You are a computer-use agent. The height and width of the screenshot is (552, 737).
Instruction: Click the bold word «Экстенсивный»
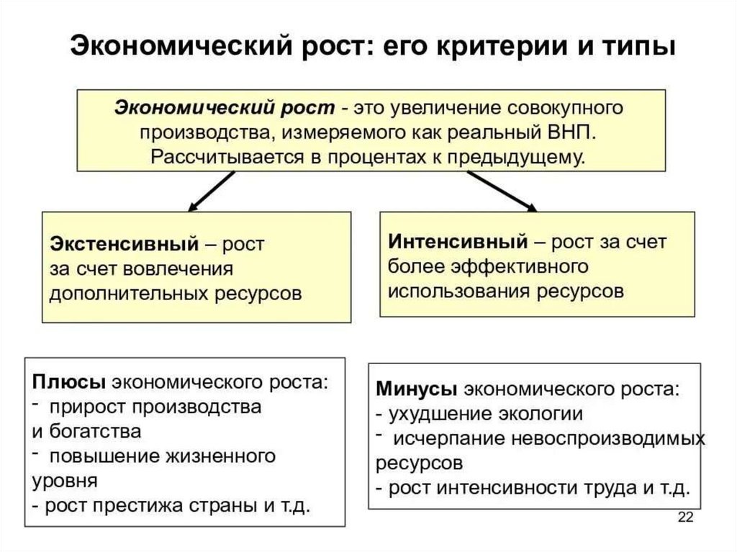[x=125, y=244]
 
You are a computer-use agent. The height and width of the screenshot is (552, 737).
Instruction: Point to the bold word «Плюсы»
[x=69, y=381]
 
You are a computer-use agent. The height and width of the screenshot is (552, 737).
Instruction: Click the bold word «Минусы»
[x=417, y=389]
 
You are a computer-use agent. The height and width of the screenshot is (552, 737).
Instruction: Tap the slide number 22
[x=686, y=517]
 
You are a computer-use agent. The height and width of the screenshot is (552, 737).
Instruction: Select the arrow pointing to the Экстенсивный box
[x=211, y=191]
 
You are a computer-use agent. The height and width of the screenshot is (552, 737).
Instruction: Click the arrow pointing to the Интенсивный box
[x=502, y=191]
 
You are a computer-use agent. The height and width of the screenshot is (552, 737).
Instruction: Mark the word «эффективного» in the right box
[x=520, y=266]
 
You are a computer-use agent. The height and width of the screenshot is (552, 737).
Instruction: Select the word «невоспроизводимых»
[x=608, y=439]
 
